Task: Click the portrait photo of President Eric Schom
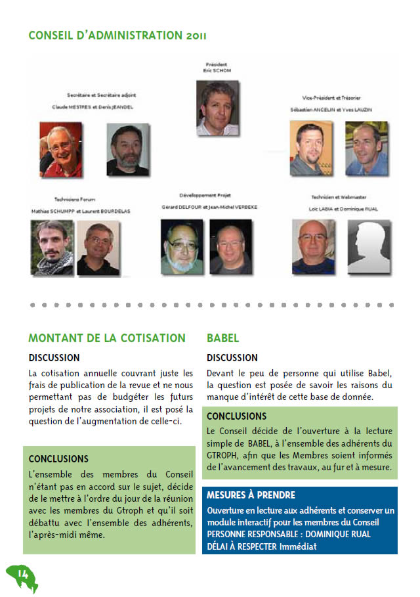coord(217,107)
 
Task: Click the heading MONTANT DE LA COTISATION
coord(107,338)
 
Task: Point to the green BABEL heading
coord(223,338)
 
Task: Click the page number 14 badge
coord(22,576)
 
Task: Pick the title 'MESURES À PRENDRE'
coord(251,495)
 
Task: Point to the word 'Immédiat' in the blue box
coord(298,546)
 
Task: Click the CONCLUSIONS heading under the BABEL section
coord(236,416)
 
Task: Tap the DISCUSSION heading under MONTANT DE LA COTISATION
coord(54,358)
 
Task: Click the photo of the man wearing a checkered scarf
coord(52,247)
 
